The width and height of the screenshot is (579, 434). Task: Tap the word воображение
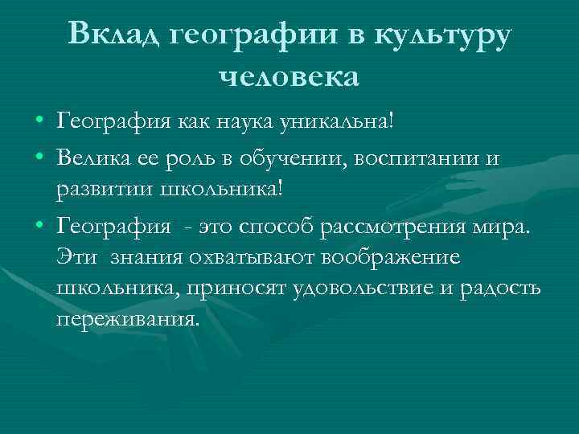tap(400, 258)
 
